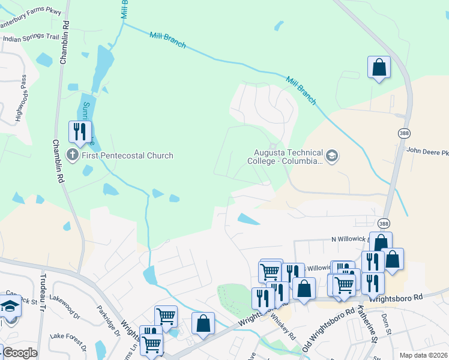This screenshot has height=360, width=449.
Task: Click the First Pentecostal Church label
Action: [127, 155]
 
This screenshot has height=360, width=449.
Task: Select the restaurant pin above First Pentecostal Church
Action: [80, 131]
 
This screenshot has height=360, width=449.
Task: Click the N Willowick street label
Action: [351, 239]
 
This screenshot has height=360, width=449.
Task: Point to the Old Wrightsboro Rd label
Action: [328, 331]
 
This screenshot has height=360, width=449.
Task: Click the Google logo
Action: [19, 353]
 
